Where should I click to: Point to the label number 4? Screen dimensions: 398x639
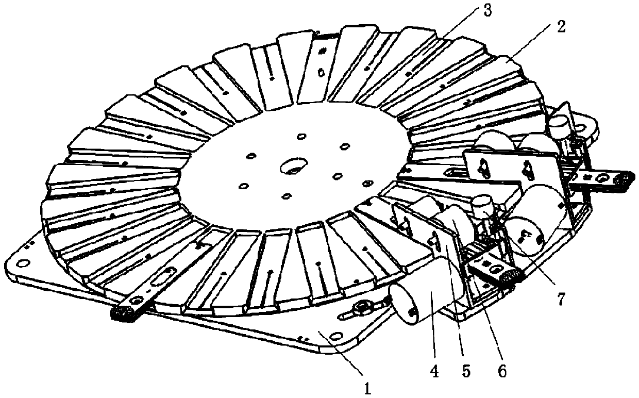point(434,371)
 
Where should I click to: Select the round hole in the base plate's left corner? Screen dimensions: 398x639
point(22,263)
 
